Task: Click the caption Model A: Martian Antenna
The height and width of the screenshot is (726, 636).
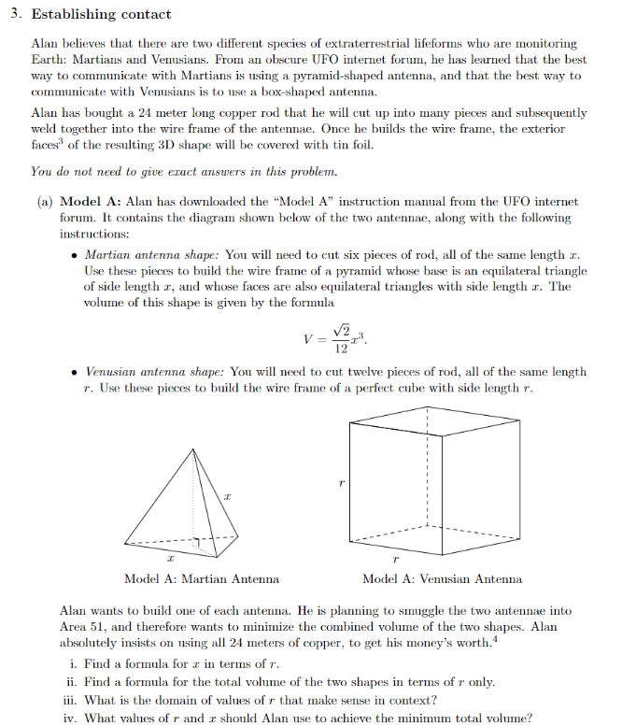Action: (201, 578)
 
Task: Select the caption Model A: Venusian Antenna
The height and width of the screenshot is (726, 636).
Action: (442, 578)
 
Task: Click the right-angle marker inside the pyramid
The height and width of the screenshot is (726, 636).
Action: (197, 541)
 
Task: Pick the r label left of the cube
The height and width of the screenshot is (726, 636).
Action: (342, 483)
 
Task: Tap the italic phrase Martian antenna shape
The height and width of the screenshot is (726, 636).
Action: (152, 253)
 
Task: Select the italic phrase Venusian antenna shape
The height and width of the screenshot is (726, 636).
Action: (155, 371)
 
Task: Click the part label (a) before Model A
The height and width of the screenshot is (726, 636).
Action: (45, 201)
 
